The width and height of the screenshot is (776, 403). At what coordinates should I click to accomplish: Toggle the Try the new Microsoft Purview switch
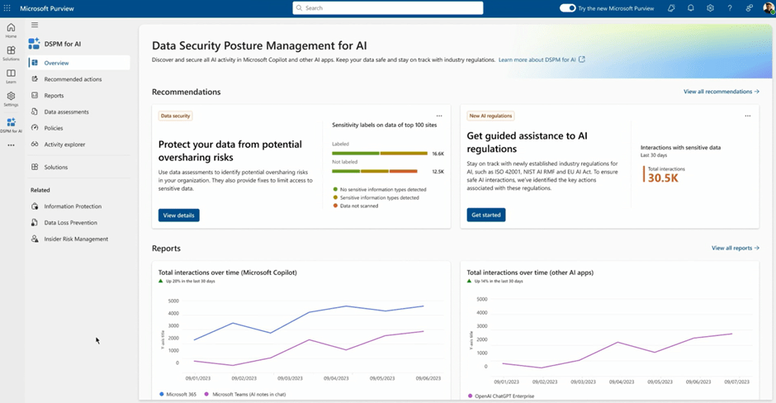click(567, 8)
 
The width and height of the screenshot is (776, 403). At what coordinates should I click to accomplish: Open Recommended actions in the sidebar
click(73, 79)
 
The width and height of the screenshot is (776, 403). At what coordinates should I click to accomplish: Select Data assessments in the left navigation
click(66, 111)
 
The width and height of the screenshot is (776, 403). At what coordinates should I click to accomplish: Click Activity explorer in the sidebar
click(64, 145)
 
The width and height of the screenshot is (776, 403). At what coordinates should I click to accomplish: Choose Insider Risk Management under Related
click(76, 239)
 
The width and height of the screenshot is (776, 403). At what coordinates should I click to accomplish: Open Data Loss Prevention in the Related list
click(70, 222)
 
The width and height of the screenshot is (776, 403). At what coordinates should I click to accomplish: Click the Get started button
click(486, 215)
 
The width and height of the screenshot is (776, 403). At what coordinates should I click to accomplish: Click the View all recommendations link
click(721, 92)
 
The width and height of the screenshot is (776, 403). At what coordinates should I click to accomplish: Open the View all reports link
click(735, 248)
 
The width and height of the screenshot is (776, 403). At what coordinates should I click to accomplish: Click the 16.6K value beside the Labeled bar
click(438, 154)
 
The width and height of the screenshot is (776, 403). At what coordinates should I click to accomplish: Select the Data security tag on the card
click(175, 116)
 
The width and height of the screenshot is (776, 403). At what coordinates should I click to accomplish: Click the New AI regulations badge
click(490, 116)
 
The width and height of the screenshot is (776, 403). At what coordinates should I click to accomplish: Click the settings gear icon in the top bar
click(710, 8)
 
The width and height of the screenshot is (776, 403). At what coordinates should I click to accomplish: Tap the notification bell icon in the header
click(691, 8)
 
